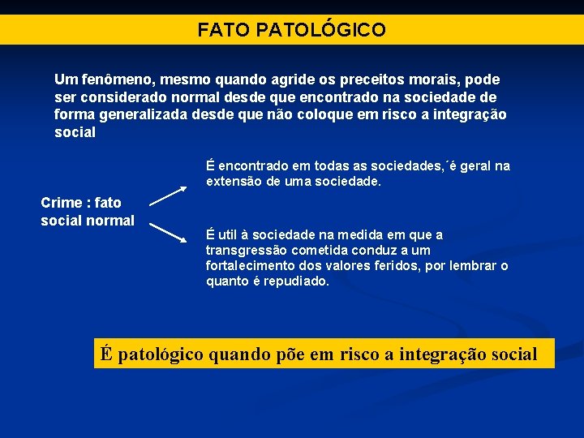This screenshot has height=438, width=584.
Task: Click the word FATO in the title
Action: pyautogui.click(x=224, y=31)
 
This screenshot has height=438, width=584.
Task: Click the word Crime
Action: pyautogui.click(x=61, y=203)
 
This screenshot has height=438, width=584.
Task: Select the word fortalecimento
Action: pyautogui.click(x=251, y=266)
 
